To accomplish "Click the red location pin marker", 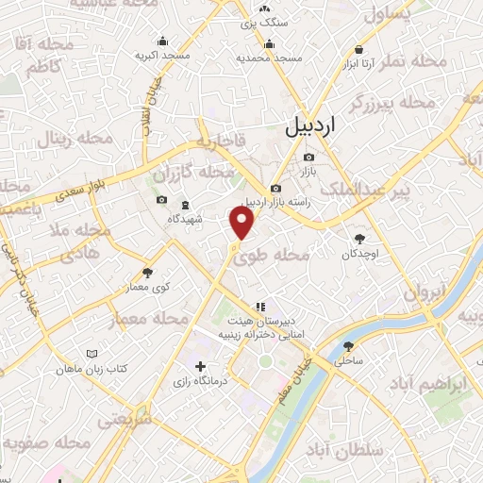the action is pyautogui.click(x=242, y=223).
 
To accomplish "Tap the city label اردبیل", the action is pyautogui.click(x=311, y=123).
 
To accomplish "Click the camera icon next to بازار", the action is pyautogui.click(x=308, y=157).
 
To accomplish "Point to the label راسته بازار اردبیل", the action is pyautogui.click(x=275, y=202).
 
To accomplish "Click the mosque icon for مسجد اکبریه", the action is pyautogui.click(x=164, y=41).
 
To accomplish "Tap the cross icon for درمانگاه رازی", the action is pyautogui.click(x=200, y=366).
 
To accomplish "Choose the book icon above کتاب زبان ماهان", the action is pyautogui.click(x=91, y=354).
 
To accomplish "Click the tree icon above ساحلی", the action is pyautogui.click(x=348, y=346).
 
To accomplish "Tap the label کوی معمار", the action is pyautogui.click(x=134, y=286).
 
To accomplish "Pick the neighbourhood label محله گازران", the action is pyautogui.click(x=192, y=175).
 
